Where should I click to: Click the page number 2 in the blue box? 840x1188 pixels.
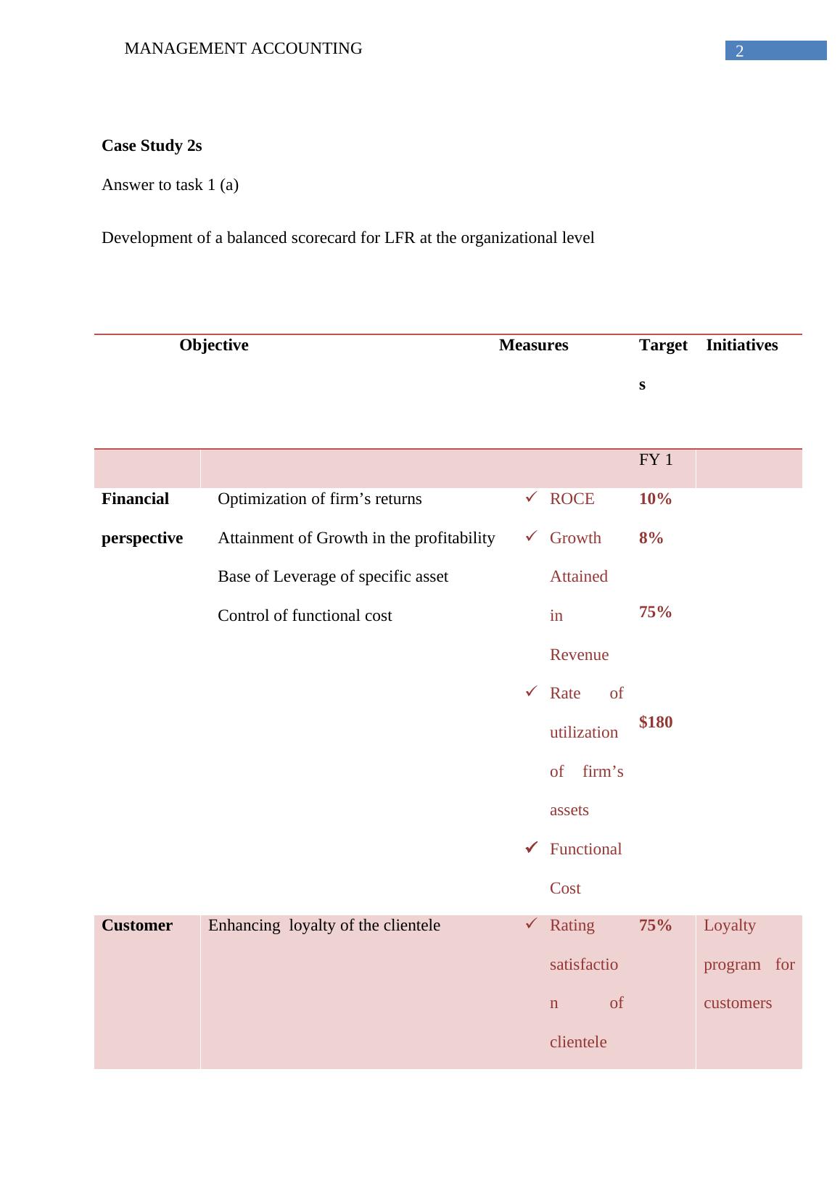739,51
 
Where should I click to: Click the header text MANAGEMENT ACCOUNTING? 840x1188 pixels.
243,49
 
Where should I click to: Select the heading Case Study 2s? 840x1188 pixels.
152,146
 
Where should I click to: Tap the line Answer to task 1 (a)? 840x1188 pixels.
170,185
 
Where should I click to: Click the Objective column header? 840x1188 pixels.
213,345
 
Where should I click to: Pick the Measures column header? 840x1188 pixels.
533,345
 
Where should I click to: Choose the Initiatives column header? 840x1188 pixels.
741,345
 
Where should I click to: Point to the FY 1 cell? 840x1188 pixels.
656,460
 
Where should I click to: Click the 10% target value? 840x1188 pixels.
655,499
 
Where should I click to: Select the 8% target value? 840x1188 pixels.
651,538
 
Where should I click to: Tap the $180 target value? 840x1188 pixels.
656,722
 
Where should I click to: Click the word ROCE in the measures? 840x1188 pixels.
572,499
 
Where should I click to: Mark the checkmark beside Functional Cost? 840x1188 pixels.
530,847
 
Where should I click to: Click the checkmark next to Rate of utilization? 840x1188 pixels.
530,692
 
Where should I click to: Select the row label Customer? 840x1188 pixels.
137,925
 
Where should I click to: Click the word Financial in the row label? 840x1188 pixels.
135,499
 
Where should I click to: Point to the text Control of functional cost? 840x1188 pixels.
305,616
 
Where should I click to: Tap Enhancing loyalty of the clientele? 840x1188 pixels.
324,925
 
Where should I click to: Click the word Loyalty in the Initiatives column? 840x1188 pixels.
729,925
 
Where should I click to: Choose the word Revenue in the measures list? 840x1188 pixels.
579,655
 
